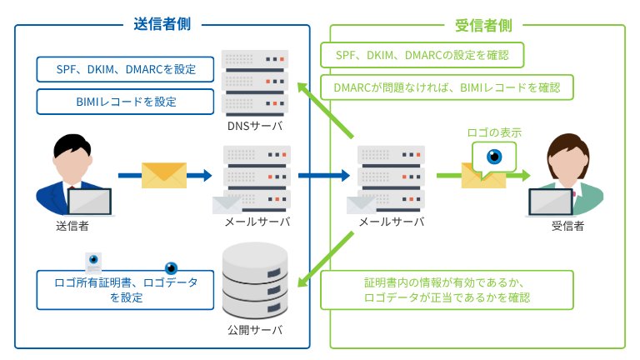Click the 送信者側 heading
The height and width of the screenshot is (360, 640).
(162, 24)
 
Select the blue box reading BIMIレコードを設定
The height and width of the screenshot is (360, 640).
(125, 102)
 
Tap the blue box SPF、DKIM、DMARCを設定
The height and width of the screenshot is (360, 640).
(125, 69)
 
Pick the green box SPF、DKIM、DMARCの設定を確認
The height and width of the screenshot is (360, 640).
(422, 55)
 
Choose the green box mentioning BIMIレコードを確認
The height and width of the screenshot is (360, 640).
(447, 87)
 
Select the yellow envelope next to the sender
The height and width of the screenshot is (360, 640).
(164, 175)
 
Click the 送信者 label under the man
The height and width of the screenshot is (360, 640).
(72, 225)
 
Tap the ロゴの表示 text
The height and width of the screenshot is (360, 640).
(494, 132)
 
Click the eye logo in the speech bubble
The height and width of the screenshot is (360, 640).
(494, 156)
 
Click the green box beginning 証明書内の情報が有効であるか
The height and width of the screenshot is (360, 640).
(447, 289)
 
